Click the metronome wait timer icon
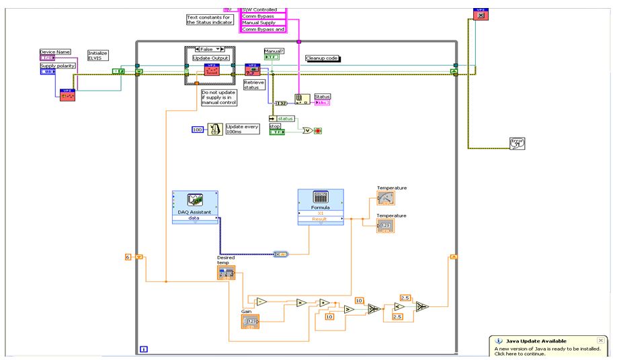click(215, 129)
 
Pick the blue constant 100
click(198, 129)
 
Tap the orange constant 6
click(128, 257)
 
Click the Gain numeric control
click(250, 322)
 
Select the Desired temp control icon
click(226, 272)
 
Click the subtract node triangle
click(262, 302)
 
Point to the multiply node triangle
click(301, 303)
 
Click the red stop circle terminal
click(318, 131)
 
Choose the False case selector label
click(208, 49)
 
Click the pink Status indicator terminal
click(322, 103)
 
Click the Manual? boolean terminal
click(273, 57)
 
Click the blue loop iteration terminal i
click(144, 349)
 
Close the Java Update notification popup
click(600, 341)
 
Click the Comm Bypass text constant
click(263, 16)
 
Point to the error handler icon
click(517, 142)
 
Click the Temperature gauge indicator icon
click(386, 198)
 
